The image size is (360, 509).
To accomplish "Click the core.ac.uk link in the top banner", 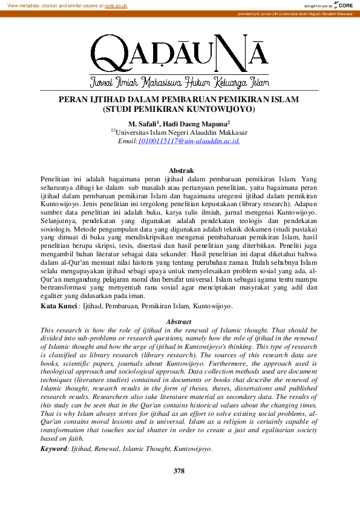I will pyautogui.click(x=116, y=5).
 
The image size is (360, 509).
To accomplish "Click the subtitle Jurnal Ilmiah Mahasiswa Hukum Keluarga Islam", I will pyautogui.click(x=179, y=82).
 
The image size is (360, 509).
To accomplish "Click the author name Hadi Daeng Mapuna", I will pyautogui.click(x=200, y=123).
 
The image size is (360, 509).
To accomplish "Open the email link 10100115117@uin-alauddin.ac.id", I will pyautogui.click(x=189, y=141).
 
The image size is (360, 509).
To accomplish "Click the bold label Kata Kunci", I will pyautogui.click(x=57, y=306).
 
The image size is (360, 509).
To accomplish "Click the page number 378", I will pyautogui.click(x=179, y=470).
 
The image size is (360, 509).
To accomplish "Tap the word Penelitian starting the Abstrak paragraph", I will pyautogui.click(x=57, y=180).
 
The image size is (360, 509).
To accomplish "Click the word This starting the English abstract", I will pyautogui.click(x=48, y=330).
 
